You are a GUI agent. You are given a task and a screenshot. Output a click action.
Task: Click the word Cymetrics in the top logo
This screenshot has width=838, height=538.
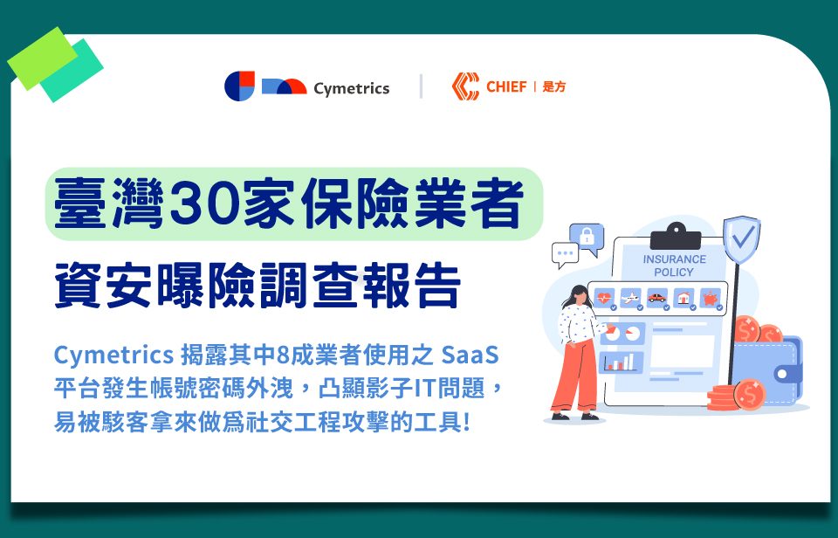pos(351,88)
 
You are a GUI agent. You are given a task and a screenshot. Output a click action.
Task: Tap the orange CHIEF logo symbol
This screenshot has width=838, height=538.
pos(465,86)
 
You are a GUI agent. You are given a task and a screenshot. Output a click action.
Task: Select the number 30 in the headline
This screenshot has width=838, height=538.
pos(205,203)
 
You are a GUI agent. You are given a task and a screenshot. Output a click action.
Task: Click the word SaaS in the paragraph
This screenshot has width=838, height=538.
pos(471,355)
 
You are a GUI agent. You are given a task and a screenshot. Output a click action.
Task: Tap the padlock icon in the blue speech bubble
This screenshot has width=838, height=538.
pos(587,236)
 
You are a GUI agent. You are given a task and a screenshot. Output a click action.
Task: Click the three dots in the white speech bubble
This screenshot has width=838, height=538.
pos(565,253)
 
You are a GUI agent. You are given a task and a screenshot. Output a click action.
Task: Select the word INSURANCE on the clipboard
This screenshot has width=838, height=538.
pos(675,259)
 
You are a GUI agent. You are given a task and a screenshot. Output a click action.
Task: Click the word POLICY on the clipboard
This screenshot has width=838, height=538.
pos(673,272)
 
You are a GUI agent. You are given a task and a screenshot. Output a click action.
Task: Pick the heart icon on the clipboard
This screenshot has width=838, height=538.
pos(604,297)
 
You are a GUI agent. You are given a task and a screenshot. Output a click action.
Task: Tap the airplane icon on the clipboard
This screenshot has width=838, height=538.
pos(630,297)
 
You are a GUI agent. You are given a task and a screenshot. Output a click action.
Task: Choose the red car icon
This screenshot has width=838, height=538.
pos(656,297)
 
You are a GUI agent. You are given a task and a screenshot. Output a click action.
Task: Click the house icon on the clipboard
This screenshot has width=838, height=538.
pos(683,297)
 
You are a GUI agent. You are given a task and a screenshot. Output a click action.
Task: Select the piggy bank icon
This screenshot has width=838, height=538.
pos(711,297)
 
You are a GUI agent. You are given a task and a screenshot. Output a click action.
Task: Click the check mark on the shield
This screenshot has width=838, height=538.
pos(742,236)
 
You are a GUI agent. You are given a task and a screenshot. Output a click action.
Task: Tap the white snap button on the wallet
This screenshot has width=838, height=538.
pos(782,374)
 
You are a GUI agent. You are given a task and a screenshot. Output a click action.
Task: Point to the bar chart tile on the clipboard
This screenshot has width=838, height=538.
pos(621,362)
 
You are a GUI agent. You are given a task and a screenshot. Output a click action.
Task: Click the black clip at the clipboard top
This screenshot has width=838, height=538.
pos(676,237)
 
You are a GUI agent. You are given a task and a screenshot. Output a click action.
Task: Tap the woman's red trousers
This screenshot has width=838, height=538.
pos(575,376)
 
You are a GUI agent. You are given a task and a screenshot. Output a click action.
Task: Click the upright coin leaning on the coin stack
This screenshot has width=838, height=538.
pos(750,395)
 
